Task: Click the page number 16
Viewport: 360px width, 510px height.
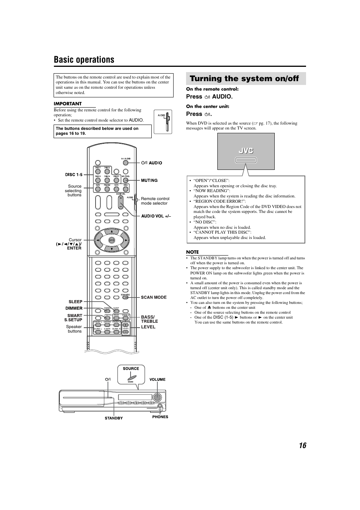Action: pos(302,445)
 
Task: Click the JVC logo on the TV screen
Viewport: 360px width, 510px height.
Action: pos(246,151)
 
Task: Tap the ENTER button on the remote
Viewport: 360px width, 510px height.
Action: pos(112,240)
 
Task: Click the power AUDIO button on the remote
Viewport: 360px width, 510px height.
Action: pos(126,163)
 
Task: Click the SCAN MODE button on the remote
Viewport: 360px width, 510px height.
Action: pos(126,297)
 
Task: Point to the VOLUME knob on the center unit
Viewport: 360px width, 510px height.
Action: pos(157,397)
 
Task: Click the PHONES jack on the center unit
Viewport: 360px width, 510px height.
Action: pos(160,406)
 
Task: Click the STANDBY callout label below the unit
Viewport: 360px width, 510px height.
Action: pos(114,418)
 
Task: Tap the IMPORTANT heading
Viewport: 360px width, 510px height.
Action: pos(68,104)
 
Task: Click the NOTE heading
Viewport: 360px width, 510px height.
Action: pos(192,252)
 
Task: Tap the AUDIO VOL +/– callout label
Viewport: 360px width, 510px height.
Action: pos(156,216)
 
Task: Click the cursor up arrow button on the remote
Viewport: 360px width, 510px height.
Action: pos(112,231)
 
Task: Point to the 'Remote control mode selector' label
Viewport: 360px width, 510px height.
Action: pos(155,201)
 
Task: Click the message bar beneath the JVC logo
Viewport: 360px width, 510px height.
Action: pos(246,160)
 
